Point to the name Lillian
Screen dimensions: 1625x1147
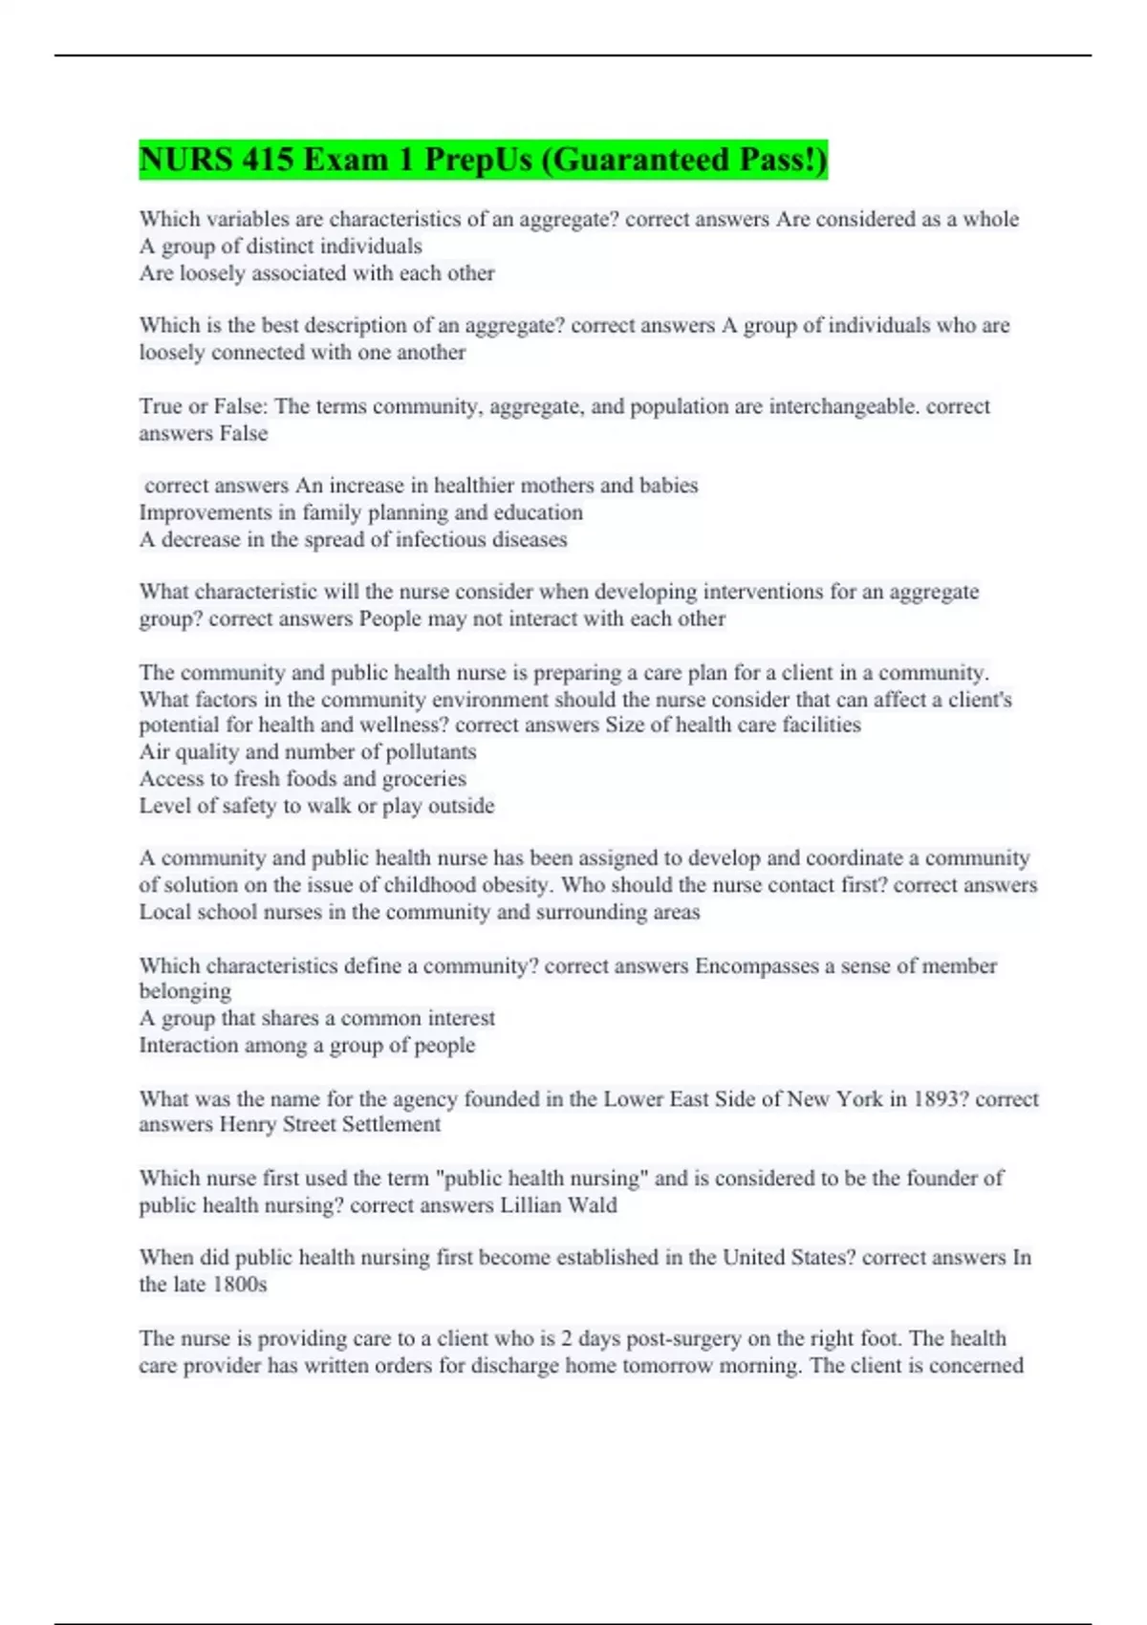click(530, 1204)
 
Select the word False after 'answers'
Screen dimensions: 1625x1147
click(243, 433)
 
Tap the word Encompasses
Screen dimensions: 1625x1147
click(756, 965)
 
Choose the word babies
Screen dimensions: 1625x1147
click(668, 486)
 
